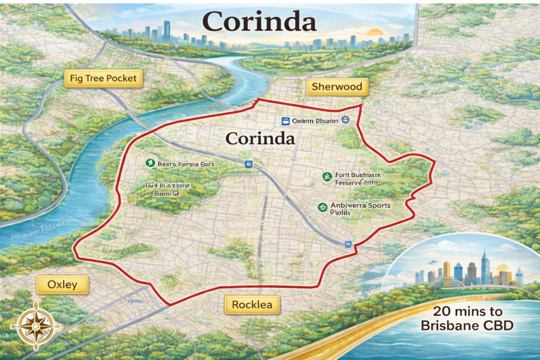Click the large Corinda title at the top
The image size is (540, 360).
[x=259, y=22]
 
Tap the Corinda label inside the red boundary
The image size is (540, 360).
[x=260, y=139]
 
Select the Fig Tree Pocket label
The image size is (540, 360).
[x=103, y=79]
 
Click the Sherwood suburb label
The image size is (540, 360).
[x=337, y=87]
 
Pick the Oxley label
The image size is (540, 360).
[x=62, y=285]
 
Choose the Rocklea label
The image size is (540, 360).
[x=252, y=305]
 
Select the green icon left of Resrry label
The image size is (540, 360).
[x=149, y=163]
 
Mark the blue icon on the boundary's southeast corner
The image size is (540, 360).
[x=348, y=244]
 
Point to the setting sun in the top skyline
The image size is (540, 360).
[x=375, y=31]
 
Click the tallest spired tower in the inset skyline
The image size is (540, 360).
[x=485, y=266]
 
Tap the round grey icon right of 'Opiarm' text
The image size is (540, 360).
[x=345, y=120]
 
